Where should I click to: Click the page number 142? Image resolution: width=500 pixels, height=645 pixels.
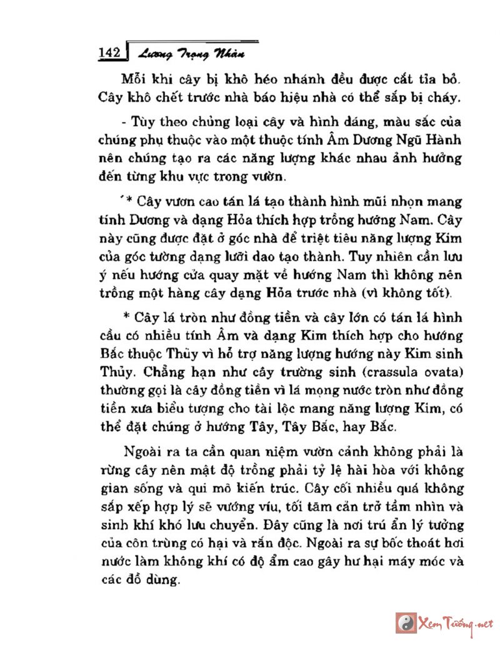click(x=112, y=52)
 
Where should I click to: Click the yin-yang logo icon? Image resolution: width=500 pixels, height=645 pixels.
click(x=407, y=622)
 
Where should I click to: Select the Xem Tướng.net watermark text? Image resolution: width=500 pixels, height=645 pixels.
click(x=457, y=622)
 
